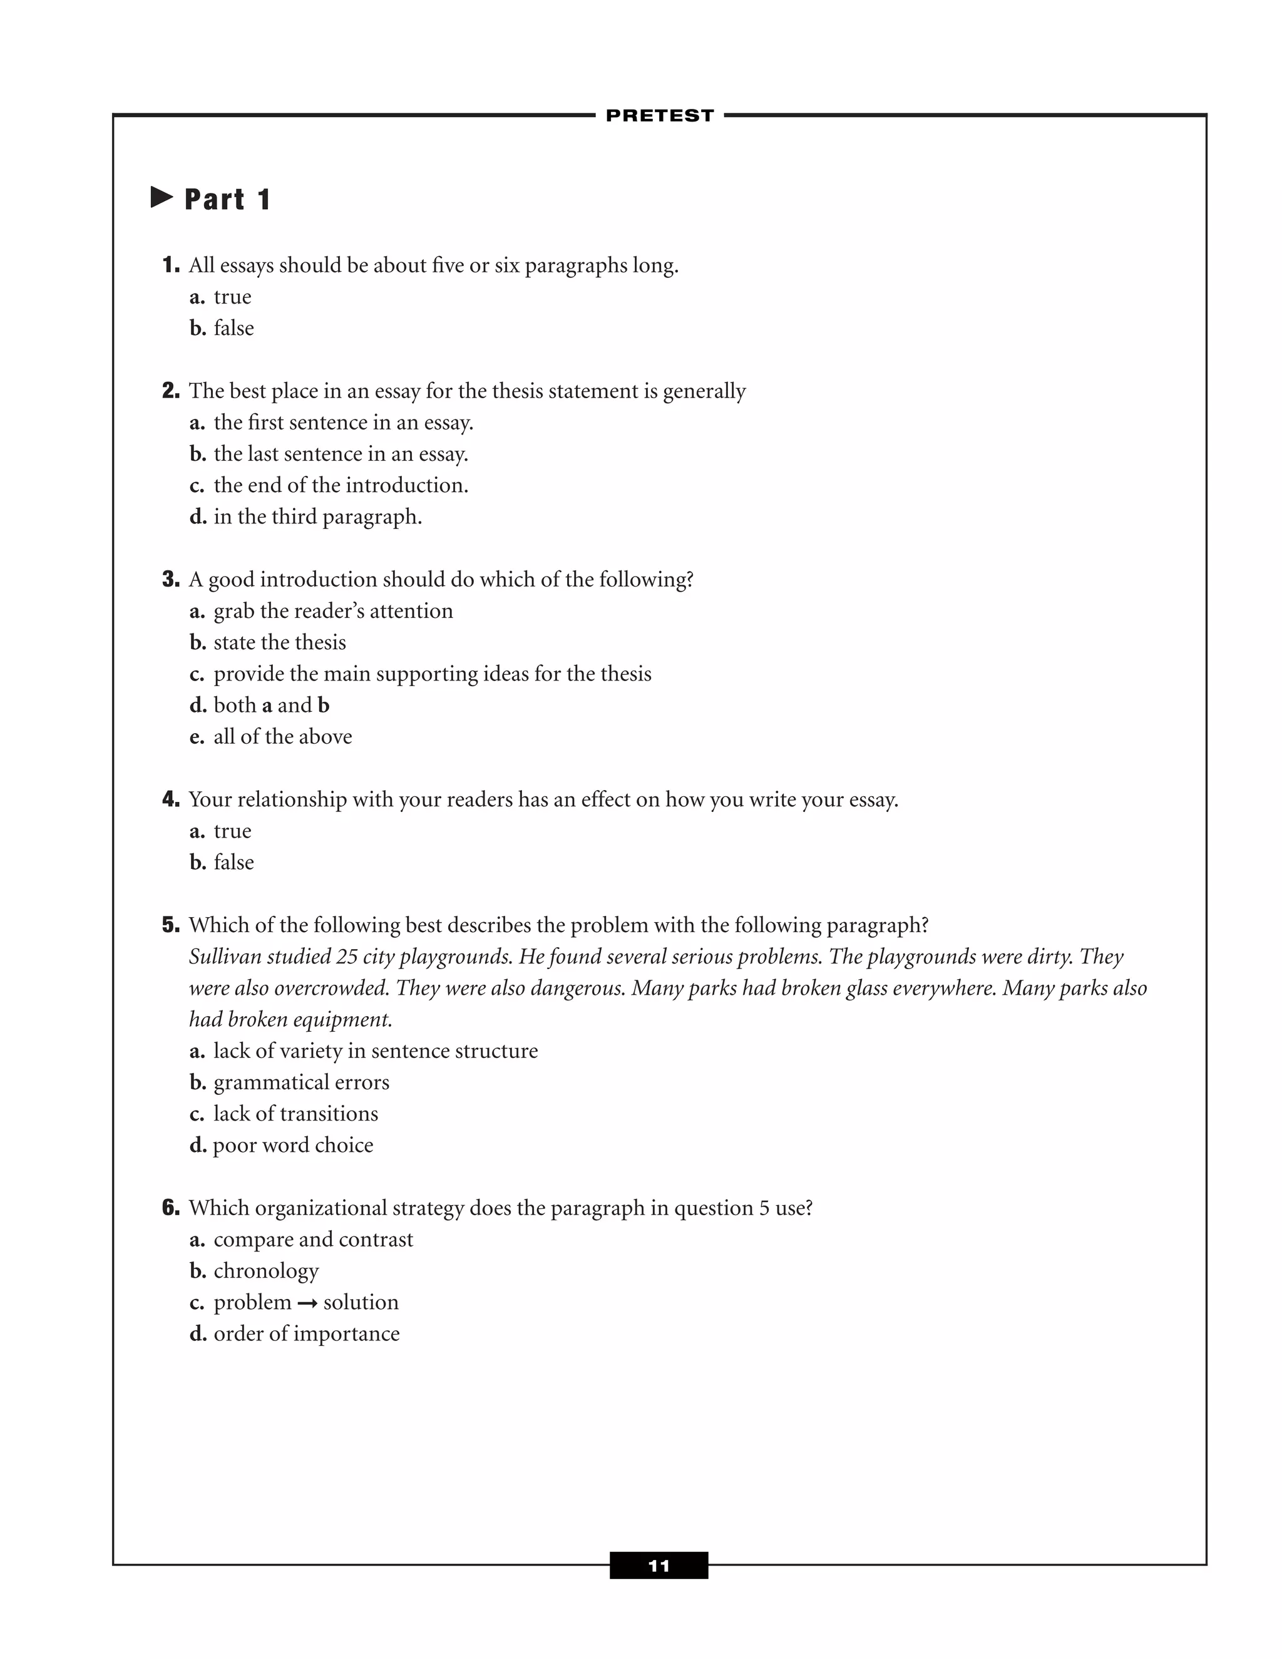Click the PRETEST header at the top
click(659, 115)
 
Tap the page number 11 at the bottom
click(659, 1566)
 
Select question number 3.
click(171, 580)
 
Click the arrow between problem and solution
click(307, 1303)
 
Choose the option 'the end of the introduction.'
click(341, 485)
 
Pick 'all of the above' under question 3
click(282, 737)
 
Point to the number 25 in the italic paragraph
click(346, 957)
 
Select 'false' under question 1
click(233, 328)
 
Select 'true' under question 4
click(232, 831)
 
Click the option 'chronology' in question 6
click(266, 1271)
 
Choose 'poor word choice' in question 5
click(293, 1146)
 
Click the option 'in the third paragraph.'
click(317, 516)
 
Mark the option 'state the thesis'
click(279, 643)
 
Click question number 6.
click(171, 1208)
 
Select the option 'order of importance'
click(306, 1334)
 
